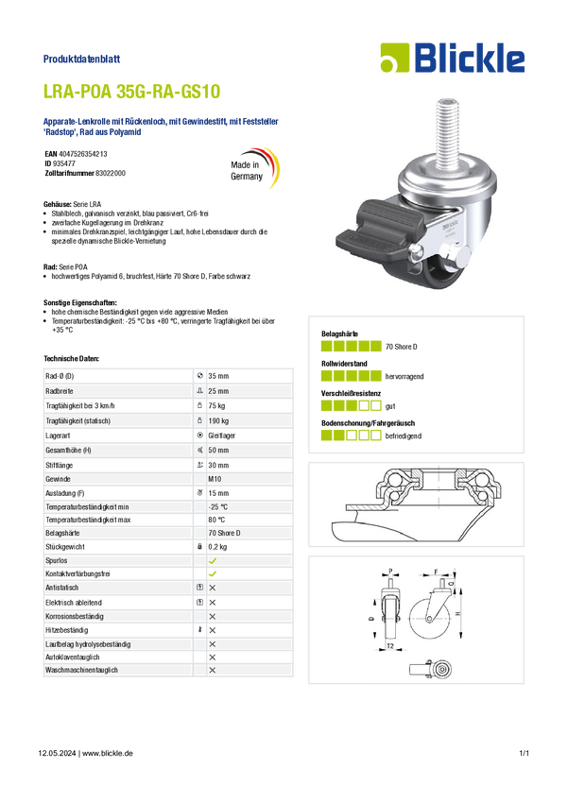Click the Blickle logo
(453, 58)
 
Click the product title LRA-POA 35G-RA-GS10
(131, 91)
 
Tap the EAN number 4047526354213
(83, 154)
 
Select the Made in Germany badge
(254, 168)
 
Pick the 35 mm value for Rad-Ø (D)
(218, 376)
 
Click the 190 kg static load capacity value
(218, 421)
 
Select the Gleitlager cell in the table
(222, 436)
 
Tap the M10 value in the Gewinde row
(215, 479)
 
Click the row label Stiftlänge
(59, 466)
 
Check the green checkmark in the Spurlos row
(213, 561)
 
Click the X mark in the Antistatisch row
(213, 588)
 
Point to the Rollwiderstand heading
(344, 364)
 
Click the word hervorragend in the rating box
(404, 376)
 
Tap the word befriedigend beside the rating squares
(404, 436)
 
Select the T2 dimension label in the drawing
(390, 646)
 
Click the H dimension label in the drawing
(458, 613)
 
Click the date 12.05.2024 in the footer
(57, 753)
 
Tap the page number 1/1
(524, 753)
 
